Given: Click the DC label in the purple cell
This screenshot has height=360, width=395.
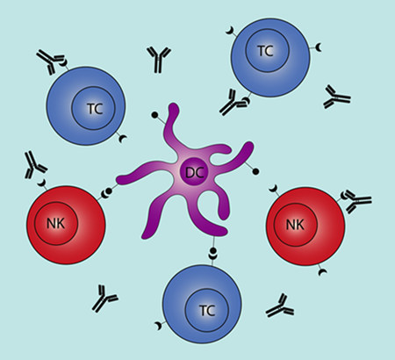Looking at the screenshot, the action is click(x=195, y=173).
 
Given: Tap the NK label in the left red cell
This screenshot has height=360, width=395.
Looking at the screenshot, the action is click(x=55, y=224).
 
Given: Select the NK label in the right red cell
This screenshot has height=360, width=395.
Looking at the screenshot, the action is click(x=295, y=225).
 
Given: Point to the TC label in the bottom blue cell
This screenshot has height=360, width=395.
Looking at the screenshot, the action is click(x=207, y=311).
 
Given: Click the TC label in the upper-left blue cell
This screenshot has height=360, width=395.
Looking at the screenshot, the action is click(x=95, y=109).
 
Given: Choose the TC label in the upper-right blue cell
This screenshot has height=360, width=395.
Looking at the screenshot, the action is click(x=265, y=51).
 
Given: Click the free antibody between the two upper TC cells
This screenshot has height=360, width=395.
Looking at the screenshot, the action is click(x=159, y=60).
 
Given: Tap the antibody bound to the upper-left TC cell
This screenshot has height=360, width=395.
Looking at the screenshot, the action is click(x=49, y=61).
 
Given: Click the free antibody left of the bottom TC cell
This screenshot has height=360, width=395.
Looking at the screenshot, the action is click(x=104, y=299).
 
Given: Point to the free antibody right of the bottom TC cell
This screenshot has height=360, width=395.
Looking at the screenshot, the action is click(x=280, y=306).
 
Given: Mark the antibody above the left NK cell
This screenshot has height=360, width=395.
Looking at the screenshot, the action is click(x=35, y=165).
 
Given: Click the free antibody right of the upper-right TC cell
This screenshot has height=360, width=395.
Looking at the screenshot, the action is click(x=336, y=97).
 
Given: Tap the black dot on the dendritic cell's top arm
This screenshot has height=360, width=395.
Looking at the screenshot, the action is click(x=154, y=115).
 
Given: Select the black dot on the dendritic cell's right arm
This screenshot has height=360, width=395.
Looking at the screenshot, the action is click(x=255, y=172).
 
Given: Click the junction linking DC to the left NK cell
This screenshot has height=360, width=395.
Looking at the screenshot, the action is click(x=107, y=192).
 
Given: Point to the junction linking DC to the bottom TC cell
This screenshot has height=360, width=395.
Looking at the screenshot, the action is click(x=212, y=253).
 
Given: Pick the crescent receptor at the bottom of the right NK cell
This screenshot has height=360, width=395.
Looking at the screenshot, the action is click(x=322, y=272).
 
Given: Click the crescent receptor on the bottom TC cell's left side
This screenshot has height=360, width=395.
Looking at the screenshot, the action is click(x=158, y=326).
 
